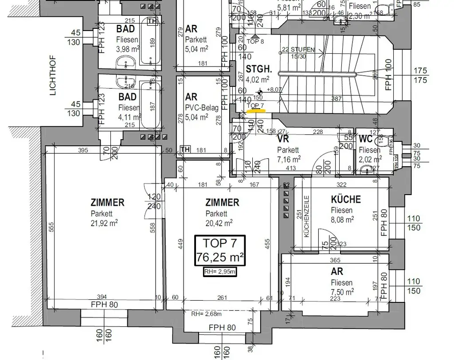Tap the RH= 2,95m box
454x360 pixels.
pos(220,272)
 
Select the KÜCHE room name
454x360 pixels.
pos(346,200)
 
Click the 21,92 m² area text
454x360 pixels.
pos(104,223)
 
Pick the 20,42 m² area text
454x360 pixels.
pos(219,223)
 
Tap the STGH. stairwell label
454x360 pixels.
pos(259,70)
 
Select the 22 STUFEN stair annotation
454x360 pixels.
pos(298,50)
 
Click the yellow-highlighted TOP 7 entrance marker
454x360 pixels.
pos(255,106)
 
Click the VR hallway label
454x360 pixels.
pos(283,139)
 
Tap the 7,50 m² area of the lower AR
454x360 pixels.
pos(342,292)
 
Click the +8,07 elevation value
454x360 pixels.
pos(276,90)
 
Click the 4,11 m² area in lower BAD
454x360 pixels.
pos(130,118)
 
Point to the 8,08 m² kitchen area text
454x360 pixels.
pos(342,219)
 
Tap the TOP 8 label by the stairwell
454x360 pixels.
pos(255,42)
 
